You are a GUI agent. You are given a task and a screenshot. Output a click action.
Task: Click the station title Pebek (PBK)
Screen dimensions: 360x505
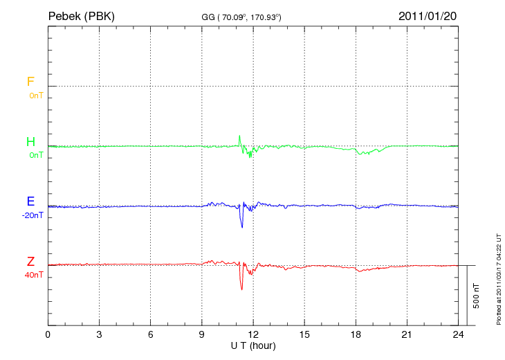[x=82, y=15]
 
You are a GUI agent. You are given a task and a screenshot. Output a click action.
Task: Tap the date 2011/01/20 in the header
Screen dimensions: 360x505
[x=428, y=15]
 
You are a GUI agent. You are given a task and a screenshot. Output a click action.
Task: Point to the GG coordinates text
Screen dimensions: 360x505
[x=241, y=16]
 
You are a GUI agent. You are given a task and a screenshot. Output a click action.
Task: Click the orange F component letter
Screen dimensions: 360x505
[x=30, y=82]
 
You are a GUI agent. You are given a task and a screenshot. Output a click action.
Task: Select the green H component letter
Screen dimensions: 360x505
[x=30, y=142]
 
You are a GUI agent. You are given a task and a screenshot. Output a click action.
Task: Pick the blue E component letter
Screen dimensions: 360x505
[x=30, y=201]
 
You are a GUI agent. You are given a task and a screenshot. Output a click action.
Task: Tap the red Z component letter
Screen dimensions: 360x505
[x=30, y=262]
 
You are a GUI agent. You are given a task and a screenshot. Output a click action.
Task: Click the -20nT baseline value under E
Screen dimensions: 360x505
[x=33, y=215]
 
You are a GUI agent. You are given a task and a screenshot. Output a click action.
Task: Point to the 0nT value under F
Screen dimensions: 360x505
[x=36, y=95]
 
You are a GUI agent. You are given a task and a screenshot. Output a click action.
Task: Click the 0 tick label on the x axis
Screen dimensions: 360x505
[x=48, y=334]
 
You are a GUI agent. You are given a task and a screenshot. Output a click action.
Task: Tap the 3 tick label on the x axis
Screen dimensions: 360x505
[x=99, y=334]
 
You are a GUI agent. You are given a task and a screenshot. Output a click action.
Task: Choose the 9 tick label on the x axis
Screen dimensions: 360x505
[x=202, y=334]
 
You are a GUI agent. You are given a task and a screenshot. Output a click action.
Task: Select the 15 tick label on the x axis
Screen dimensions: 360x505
[x=304, y=334]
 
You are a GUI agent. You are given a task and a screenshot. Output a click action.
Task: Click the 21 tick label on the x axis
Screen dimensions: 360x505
[x=407, y=334]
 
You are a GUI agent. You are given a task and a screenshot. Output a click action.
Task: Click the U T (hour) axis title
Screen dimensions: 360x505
[x=253, y=345]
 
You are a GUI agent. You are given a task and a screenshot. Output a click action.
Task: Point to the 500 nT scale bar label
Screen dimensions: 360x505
[x=476, y=296]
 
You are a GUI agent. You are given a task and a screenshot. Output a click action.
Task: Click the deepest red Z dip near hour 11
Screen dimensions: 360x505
[x=241, y=289]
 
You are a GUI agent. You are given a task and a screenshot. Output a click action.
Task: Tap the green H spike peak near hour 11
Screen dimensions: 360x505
[x=239, y=136]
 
